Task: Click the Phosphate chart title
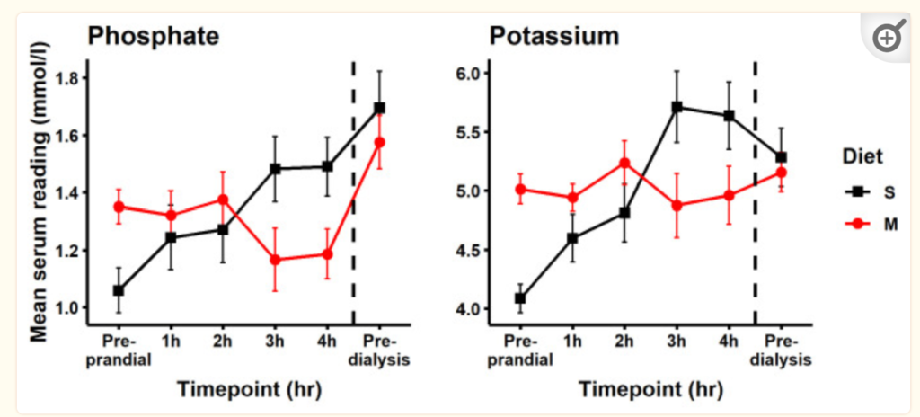pyautogui.click(x=154, y=37)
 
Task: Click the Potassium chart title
pyautogui.click(x=554, y=37)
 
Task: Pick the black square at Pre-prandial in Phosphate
pyautogui.click(x=119, y=290)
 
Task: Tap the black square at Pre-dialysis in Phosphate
pyautogui.click(x=379, y=108)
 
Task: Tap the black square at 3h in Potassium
pyautogui.click(x=677, y=107)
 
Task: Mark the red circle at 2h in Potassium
pyautogui.click(x=624, y=163)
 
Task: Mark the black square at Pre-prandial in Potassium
pyautogui.click(x=520, y=298)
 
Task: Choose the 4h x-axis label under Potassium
pyautogui.click(x=729, y=342)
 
